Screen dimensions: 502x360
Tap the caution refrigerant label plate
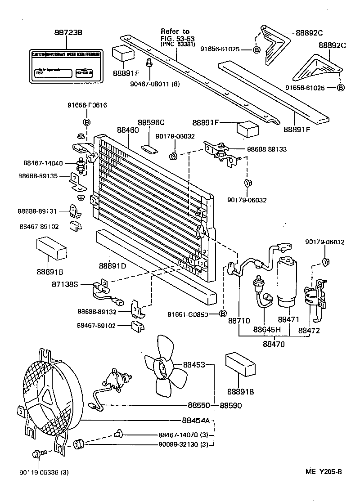pyautogui.click(x=66, y=67)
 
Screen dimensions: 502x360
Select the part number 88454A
pyautogui.click(x=196, y=421)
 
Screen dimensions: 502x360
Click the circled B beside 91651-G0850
pyautogui.click(x=222, y=314)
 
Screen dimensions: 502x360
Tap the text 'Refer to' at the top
pyautogui.click(x=175, y=31)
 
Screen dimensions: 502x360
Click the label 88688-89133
pyautogui.click(x=267, y=149)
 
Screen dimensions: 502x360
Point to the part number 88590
pyautogui.click(x=231, y=405)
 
